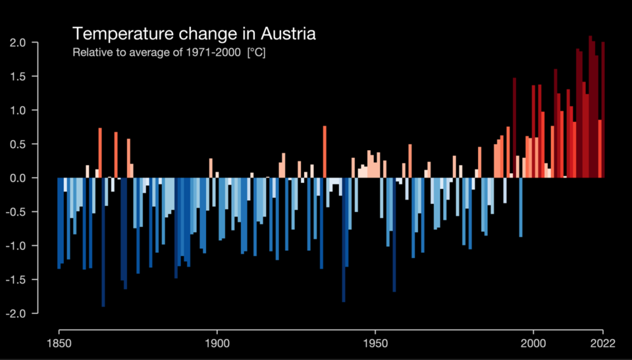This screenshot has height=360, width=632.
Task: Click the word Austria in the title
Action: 289,34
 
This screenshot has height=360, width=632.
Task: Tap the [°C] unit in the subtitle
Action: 256,52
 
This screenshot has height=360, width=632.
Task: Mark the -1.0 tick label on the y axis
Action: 16,245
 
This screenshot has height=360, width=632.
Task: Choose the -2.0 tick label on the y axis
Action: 16,313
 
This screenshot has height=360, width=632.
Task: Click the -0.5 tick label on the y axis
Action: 16,212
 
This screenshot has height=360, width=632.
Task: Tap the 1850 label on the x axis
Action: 59,344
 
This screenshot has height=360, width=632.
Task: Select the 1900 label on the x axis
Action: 217,344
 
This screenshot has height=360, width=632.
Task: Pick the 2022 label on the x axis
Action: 602,344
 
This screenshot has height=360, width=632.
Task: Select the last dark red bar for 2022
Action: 603,112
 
